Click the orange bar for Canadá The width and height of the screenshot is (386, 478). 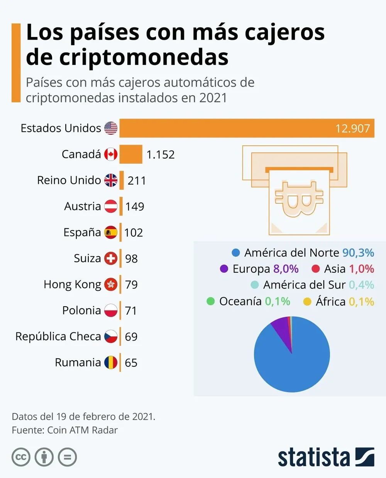pyautogui.click(x=131, y=154)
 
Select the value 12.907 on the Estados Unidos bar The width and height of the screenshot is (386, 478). pyautogui.click(x=352, y=128)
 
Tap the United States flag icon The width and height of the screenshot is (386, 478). pyautogui.click(x=111, y=128)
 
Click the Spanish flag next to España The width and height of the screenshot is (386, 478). pyautogui.click(x=111, y=232)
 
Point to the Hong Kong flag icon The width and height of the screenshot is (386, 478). pyautogui.click(x=111, y=285)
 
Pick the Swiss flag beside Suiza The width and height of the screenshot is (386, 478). pyautogui.click(x=111, y=258)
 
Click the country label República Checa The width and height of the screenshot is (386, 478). pyautogui.click(x=58, y=336)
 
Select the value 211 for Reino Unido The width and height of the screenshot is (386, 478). pyautogui.click(x=137, y=180)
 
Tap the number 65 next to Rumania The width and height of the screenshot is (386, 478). pyautogui.click(x=131, y=363)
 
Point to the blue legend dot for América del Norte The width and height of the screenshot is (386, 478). pyautogui.click(x=235, y=253)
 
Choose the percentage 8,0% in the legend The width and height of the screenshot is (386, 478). pyautogui.click(x=286, y=269)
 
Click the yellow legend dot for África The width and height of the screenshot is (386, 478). pyautogui.click(x=307, y=302)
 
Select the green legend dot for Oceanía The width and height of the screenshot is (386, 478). pyautogui.click(x=210, y=301)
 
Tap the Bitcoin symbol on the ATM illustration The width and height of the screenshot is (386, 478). pyautogui.click(x=299, y=199)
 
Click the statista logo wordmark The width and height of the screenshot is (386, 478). pyautogui.click(x=313, y=458)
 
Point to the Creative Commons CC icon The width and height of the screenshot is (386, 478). pyautogui.click(x=21, y=458)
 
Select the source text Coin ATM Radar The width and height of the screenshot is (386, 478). pyautogui.click(x=82, y=430)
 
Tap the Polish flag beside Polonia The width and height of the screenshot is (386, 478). pyautogui.click(x=111, y=310)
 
